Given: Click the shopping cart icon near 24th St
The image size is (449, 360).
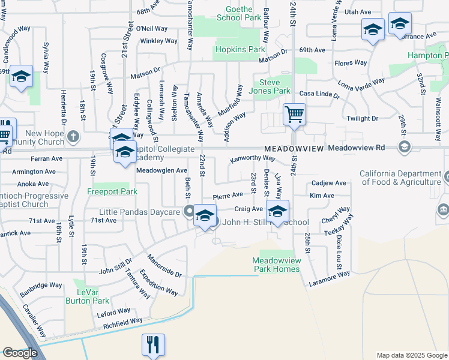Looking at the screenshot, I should [294, 113].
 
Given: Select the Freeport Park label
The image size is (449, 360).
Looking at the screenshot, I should [112, 192].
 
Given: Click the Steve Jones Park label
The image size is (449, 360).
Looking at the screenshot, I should [274, 86].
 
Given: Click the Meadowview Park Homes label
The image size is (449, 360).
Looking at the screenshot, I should [276, 265].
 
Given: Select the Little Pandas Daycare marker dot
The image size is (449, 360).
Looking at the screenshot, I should [188, 212].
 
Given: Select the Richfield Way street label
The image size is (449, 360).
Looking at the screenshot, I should [123, 322].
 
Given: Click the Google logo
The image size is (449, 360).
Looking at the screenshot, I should [20, 353].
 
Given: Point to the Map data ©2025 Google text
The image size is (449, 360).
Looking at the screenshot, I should [411, 355].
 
